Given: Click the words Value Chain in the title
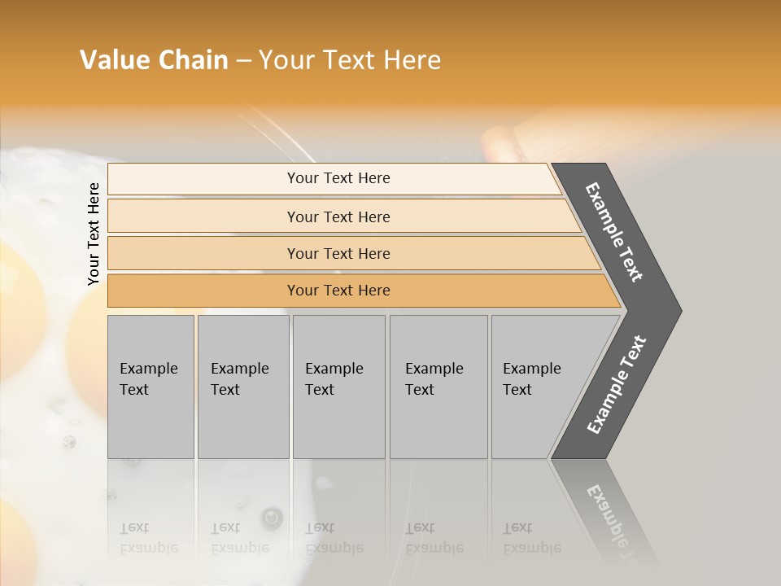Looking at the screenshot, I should (154, 60).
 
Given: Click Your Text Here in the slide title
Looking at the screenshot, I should (350, 60).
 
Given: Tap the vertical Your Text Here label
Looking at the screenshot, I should (94, 234).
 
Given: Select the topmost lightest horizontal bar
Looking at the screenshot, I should (203, 179).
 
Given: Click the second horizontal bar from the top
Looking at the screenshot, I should (203, 216).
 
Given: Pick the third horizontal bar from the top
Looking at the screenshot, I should (203, 253).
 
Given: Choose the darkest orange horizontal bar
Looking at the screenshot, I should (203, 291).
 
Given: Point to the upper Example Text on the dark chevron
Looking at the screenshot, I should (614, 232).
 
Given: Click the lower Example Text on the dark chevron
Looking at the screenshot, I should (617, 384).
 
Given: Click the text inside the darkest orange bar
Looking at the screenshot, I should (338, 291).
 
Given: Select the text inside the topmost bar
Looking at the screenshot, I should (338, 178).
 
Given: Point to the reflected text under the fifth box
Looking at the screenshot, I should (531, 538).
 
